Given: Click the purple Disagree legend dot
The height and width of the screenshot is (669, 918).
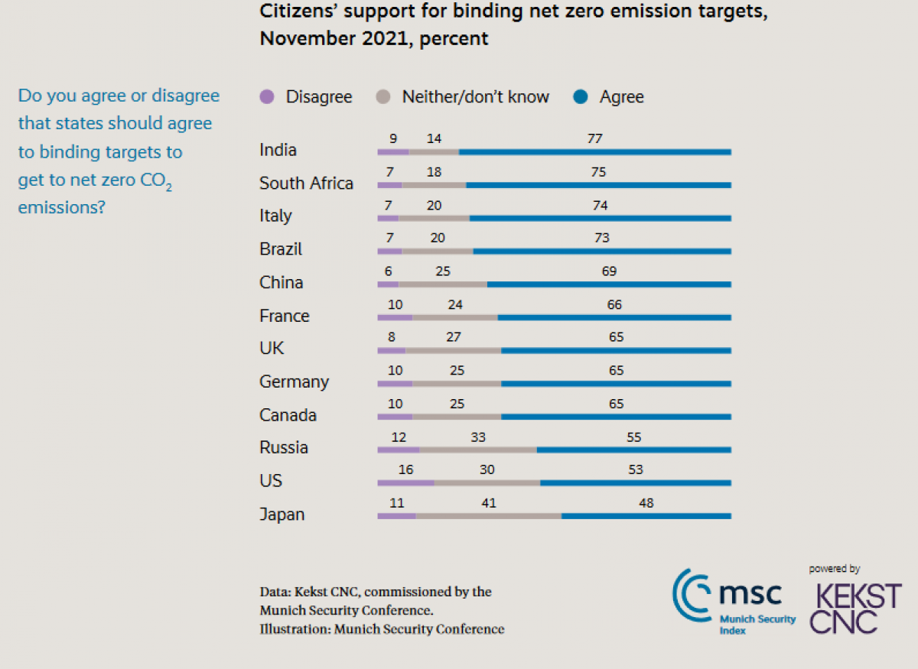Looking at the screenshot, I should [267, 97].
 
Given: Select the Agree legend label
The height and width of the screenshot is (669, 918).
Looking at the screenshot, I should [621, 97].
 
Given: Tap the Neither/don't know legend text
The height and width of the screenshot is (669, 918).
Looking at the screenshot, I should [475, 97].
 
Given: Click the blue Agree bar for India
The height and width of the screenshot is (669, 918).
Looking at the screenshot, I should [594, 152].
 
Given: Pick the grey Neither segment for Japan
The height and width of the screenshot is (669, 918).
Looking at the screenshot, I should [488, 516].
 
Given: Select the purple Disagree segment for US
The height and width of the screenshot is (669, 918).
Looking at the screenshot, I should [405, 482].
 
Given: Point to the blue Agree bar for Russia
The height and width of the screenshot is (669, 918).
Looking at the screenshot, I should [633, 450].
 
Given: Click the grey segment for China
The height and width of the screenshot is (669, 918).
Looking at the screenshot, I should [442, 284].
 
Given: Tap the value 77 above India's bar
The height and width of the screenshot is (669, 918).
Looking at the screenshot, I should [595, 138].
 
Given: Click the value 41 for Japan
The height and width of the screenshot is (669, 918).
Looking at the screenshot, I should [489, 502].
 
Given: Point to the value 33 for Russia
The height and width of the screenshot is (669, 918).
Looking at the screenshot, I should [477, 437].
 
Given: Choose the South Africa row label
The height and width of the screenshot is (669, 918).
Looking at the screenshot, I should [306, 183].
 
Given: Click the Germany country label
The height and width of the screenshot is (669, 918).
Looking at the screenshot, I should [294, 382].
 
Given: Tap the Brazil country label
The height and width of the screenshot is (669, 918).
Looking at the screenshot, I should [281, 249].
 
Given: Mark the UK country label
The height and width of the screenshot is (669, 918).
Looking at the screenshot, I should [272, 349].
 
